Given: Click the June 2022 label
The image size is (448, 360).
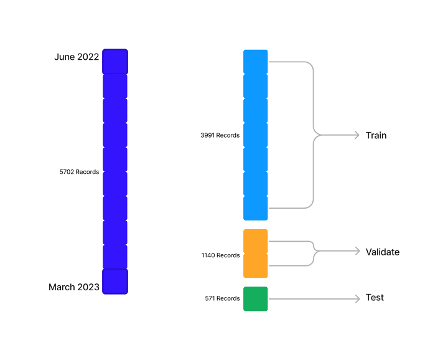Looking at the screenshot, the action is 77,57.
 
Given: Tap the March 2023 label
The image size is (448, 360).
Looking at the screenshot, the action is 74,287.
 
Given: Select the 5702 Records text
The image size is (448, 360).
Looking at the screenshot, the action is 79,172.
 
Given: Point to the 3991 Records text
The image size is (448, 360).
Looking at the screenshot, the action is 220,135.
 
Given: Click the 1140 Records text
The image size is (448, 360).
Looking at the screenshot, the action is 220,255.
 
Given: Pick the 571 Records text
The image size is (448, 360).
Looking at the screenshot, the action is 222,298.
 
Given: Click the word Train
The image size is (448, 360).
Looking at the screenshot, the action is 376,135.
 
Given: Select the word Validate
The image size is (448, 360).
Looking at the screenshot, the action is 383,252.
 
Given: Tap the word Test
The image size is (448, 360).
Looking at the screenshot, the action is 375,297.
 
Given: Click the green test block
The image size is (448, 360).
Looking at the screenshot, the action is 256,299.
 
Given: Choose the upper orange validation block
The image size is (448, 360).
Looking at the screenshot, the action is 256,241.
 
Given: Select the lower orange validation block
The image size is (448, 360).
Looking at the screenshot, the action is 256,265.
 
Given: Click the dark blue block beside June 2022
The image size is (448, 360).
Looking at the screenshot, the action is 115,62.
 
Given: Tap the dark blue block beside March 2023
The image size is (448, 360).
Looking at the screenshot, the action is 115,282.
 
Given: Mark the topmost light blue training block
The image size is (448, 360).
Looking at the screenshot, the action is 256,62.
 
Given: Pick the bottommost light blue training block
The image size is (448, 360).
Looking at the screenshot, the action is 256,208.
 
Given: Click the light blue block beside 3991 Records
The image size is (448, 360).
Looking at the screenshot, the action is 256,135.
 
